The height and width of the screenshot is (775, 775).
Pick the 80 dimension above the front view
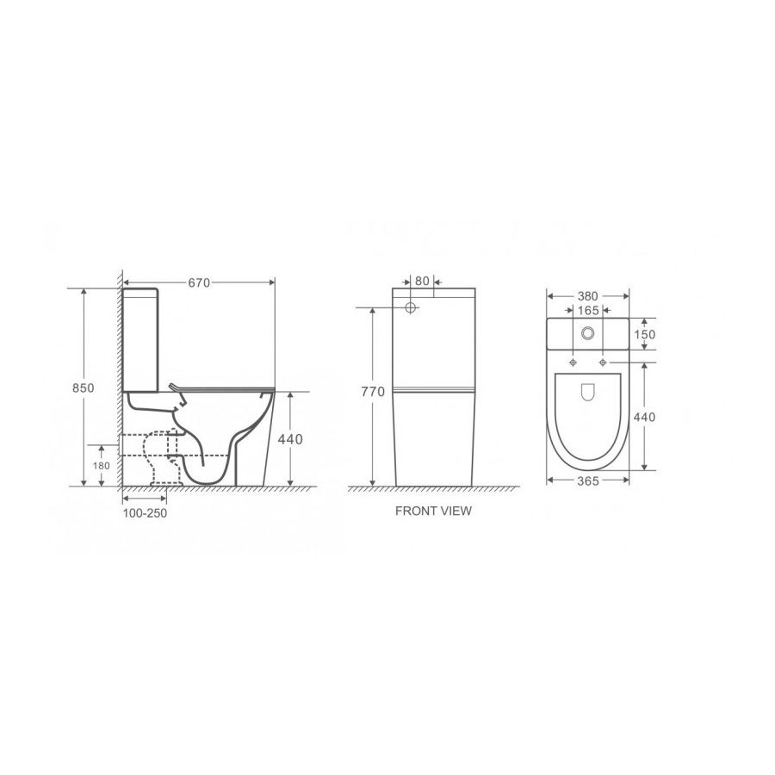point(421,280)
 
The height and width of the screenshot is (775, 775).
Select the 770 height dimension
point(372,393)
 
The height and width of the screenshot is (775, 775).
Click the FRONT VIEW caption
point(433,511)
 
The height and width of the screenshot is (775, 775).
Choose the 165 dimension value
point(589,309)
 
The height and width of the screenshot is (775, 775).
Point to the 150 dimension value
point(645,334)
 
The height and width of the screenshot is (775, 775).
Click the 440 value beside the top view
point(645,417)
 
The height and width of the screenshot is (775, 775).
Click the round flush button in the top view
point(589,334)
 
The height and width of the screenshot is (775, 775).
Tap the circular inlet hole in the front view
point(411,307)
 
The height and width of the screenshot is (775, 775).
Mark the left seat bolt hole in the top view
point(573,361)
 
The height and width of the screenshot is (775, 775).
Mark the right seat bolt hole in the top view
point(604,361)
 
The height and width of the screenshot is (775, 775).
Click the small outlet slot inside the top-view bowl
point(589,392)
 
